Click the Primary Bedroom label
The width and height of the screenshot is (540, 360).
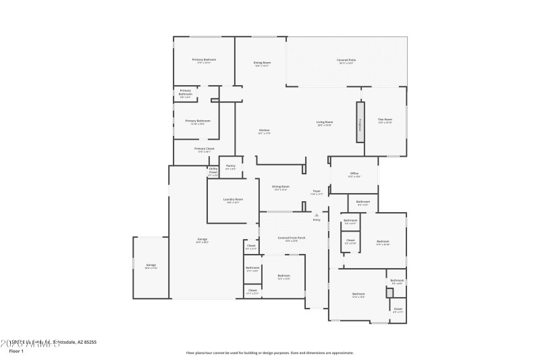pos(204,59)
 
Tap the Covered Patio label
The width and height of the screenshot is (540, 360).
pos(346,60)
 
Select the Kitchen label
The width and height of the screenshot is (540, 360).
pos(265,130)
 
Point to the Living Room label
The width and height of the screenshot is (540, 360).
pos(325,122)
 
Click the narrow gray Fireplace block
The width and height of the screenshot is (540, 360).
pos(360,122)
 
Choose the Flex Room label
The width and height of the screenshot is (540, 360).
pos(385,120)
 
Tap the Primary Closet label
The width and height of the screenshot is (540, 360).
pos(204,149)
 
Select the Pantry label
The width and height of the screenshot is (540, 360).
pos(230,165)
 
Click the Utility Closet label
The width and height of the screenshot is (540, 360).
pos(213,171)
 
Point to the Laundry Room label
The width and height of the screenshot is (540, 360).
pos(234,200)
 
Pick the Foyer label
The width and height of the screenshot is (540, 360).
pos(316,191)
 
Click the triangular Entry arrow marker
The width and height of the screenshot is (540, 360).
pos(316,215)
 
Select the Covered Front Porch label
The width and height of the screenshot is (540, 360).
pos(292,238)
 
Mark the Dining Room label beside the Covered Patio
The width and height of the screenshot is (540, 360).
pos(262,63)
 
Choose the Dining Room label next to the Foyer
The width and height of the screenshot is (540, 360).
pos(281,186)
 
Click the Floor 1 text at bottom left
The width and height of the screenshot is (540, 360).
pos(16,351)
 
